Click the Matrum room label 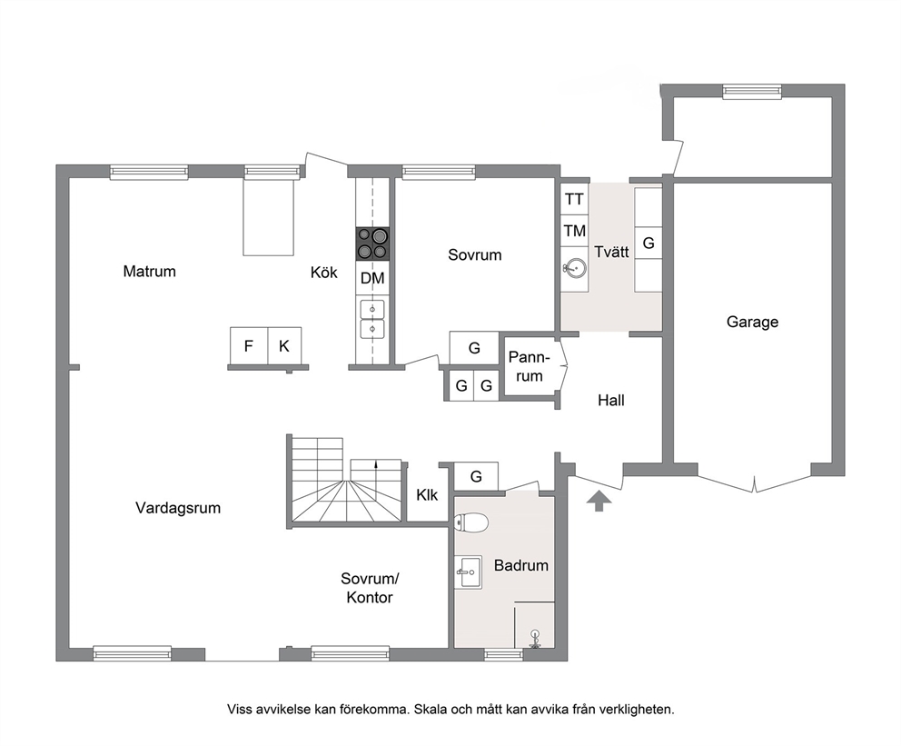(x=149, y=272)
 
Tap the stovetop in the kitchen (x=372, y=244)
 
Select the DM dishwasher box (x=372, y=279)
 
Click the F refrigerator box (x=249, y=346)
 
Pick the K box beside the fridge (x=284, y=346)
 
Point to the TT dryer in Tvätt (x=574, y=199)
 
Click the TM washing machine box (x=574, y=231)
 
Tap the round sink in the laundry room (x=574, y=268)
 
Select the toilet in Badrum (x=471, y=522)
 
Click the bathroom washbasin (x=469, y=572)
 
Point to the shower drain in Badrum (x=535, y=639)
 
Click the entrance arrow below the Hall (x=599, y=501)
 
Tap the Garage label (x=752, y=322)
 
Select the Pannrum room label (x=530, y=367)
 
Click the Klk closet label (x=427, y=495)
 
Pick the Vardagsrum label (x=178, y=508)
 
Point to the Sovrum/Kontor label (x=370, y=588)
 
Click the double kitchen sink (x=372, y=319)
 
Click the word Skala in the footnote (x=432, y=710)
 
